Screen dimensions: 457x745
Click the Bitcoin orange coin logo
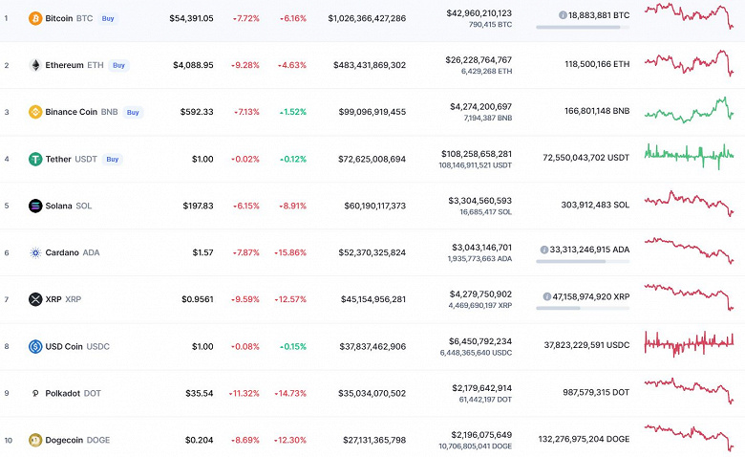click(35, 18)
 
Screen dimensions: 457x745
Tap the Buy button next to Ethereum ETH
click(118, 65)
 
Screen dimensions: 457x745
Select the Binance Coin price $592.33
click(199, 112)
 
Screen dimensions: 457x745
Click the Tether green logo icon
click(35, 159)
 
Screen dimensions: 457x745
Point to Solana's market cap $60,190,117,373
click(367, 206)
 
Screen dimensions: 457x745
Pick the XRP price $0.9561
click(198, 299)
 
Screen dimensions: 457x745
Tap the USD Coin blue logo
click(35, 346)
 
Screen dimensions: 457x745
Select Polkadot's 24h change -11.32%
click(245, 393)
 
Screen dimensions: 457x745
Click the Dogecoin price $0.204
click(198, 440)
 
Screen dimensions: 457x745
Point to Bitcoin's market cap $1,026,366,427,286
click(367, 18)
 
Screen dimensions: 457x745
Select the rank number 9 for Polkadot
click(7, 393)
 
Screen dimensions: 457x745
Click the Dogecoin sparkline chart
click(689, 436)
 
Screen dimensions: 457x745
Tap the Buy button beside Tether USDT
click(112, 159)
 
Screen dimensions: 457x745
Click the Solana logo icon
click(35, 206)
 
